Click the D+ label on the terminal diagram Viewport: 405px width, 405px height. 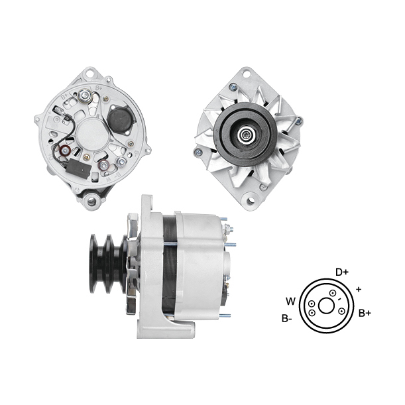point(342,272)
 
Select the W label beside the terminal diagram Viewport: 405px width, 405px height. point(290,301)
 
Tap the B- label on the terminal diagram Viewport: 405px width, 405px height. point(287,318)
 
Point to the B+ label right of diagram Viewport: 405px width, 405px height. point(365,314)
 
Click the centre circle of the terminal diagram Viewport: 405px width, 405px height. point(327,306)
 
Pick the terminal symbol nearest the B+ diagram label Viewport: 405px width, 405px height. point(342,311)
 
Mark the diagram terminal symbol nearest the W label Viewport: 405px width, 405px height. point(312,304)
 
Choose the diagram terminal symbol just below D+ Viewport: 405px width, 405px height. point(333,293)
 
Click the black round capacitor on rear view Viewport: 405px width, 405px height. point(119,119)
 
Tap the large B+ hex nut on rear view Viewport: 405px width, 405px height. point(84,96)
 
